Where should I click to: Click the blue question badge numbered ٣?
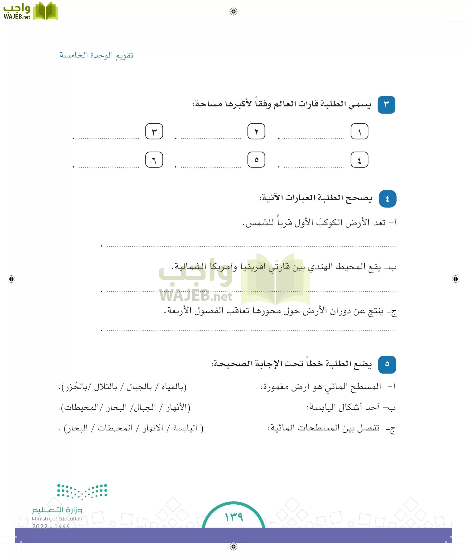pos(386,105)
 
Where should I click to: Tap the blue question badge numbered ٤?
pos(387,199)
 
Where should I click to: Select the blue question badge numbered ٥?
pos(387,364)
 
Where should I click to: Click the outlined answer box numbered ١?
pos(359,132)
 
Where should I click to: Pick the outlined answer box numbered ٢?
pos(256,132)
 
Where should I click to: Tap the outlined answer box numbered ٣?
pos(154,132)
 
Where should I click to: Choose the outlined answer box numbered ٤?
pos(359,160)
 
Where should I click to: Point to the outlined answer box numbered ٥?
pos(256,160)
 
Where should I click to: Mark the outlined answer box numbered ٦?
pos(154,160)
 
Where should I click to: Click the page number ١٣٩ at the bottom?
pos(233,516)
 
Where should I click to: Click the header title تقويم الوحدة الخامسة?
pos(96,55)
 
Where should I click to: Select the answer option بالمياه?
pos(172,387)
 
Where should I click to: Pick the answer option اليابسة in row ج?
pos(185,428)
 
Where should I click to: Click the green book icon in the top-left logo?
pos(45,11)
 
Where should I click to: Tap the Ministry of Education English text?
pos(57,519)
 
